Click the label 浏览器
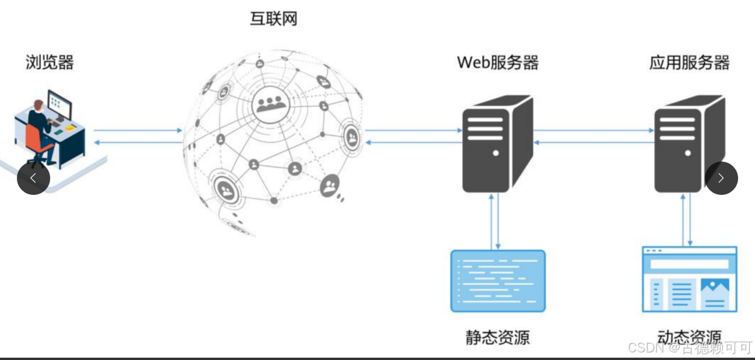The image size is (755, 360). [x=50, y=62]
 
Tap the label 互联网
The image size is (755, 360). [x=274, y=19]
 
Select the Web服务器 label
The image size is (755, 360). [x=497, y=62]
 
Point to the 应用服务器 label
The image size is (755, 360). [x=689, y=62]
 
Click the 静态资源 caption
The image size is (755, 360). [x=497, y=337]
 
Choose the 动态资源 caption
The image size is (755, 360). [x=688, y=337]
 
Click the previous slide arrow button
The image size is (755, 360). [x=33, y=178]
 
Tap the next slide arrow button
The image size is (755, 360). [x=721, y=178]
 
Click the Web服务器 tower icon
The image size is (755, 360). [x=496, y=146]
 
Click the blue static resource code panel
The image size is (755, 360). [x=498, y=281]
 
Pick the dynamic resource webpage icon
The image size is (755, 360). [x=689, y=279]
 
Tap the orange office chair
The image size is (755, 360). [x=36, y=143]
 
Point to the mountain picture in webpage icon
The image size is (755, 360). [x=715, y=286]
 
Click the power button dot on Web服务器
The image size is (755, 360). [x=495, y=153]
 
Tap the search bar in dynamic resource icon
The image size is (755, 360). [x=689, y=264]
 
